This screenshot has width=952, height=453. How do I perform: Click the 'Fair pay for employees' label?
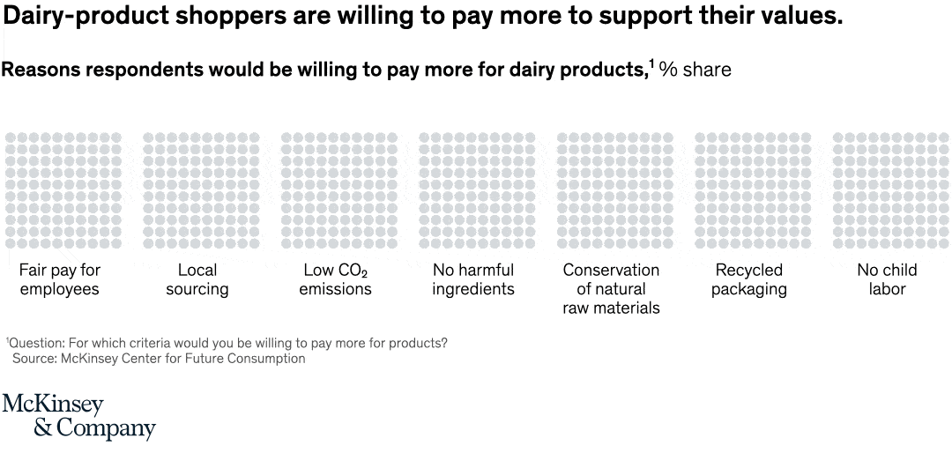point(60,279)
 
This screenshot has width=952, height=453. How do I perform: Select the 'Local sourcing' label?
point(197,279)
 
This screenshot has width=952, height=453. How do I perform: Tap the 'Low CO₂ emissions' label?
point(336,279)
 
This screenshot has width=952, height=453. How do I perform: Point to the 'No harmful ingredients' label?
point(473,279)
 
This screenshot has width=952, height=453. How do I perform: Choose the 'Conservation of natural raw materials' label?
point(611,289)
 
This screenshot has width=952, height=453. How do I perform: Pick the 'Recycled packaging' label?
point(749,279)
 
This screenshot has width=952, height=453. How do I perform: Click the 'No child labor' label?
point(887,279)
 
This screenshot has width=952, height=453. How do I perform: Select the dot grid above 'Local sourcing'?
point(201,189)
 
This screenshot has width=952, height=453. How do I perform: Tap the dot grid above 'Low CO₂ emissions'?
point(338,189)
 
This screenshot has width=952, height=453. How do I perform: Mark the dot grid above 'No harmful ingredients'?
point(477,189)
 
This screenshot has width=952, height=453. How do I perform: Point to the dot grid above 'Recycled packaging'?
point(753,189)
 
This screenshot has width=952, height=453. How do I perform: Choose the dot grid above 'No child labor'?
point(890,189)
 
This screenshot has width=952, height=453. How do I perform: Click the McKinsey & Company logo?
point(78,417)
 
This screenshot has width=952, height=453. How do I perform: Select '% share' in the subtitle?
point(695,70)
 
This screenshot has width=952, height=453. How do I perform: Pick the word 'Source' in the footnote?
point(33,359)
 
